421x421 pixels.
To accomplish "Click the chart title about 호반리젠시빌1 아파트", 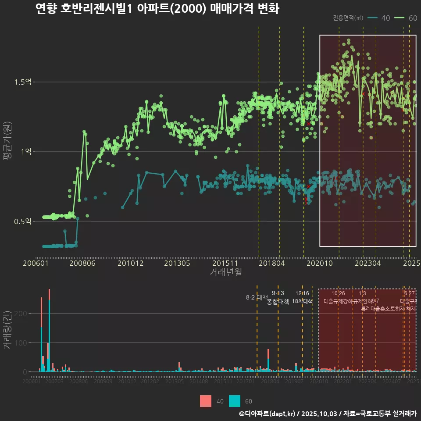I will coord(157,9).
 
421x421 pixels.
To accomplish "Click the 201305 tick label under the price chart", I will coord(177,264).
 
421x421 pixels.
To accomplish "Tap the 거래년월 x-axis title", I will coord(225,272).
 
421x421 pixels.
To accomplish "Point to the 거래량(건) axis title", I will coord(7,330).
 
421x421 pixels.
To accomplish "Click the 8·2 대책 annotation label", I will coord(257,297).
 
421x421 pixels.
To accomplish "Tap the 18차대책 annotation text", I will coord(302,301).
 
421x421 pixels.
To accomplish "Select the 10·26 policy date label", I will coord(338,293).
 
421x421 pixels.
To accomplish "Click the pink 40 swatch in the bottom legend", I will coord(205,401).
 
